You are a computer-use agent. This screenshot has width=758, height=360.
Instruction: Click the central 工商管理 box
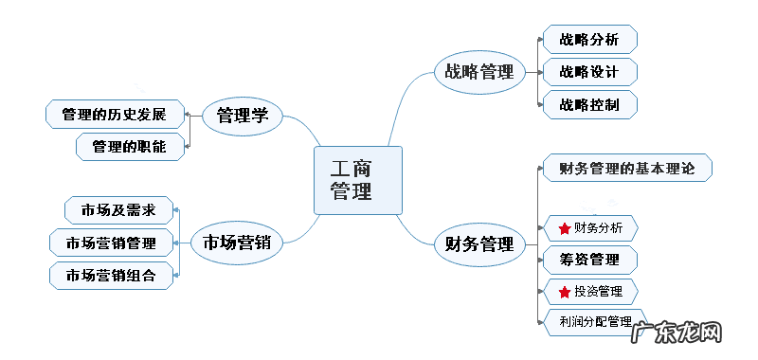point(357,180)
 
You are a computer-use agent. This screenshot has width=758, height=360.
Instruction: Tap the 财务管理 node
point(478,244)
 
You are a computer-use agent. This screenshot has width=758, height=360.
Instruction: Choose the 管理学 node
point(243,116)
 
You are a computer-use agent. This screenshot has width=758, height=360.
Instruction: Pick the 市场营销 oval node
point(237,242)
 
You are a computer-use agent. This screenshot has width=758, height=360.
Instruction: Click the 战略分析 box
point(589,40)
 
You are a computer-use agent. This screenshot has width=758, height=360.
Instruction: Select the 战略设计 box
point(589,72)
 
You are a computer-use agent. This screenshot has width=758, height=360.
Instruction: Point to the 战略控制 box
point(589,104)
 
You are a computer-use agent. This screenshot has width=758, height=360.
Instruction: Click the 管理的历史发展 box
point(114,116)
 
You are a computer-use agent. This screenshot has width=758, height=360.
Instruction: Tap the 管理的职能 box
point(129,147)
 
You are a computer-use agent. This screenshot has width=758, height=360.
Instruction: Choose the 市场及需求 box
point(117,209)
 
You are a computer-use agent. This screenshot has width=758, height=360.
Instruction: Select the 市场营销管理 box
point(112,242)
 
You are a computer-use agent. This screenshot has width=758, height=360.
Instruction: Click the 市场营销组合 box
point(112,275)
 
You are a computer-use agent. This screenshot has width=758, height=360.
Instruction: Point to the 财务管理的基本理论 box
point(627,170)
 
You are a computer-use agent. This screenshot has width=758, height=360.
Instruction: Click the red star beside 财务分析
point(565,228)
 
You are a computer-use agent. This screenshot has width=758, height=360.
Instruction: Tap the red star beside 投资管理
point(565,291)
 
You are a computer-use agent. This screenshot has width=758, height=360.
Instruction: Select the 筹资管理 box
point(589,260)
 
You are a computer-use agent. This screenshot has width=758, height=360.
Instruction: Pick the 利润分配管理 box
point(595,321)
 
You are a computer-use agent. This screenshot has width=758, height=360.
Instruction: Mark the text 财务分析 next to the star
point(599,228)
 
